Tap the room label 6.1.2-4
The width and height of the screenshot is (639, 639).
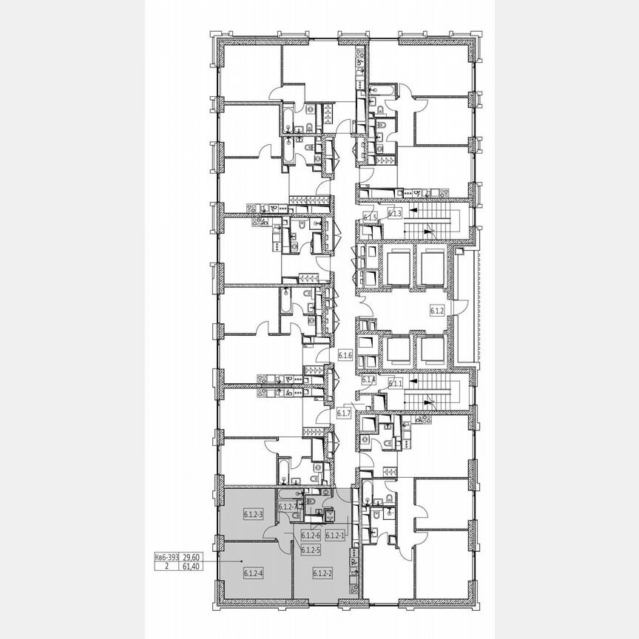pyautogui.click(x=254, y=572)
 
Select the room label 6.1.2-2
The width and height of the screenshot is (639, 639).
pyautogui.click(x=322, y=572)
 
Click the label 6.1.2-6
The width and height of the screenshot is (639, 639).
pyautogui.click(x=311, y=535)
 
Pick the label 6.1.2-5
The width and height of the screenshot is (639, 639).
pyautogui.click(x=311, y=549)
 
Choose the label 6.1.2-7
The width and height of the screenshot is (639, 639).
pyautogui.click(x=288, y=507)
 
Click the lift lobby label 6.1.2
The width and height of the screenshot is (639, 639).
pyautogui.click(x=436, y=311)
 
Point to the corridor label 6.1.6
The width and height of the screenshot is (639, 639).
pyautogui.click(x=345, y=356)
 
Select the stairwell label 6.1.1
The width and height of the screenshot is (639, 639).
pyautogui.click(x=396, y=383)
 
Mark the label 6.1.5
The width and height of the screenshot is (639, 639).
pyautogui.click(x=371, y=217)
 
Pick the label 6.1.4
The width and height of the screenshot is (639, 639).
pyautogui.click(x=370, y=380)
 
